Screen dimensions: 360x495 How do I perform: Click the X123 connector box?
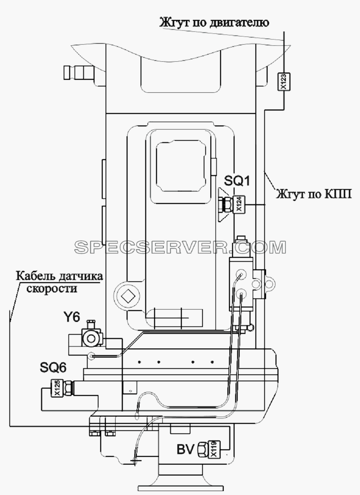(x=284, y=82)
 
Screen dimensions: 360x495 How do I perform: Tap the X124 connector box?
(x=239, y=204)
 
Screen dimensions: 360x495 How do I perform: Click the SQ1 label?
(x=237, y=182)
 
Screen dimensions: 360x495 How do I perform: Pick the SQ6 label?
(x=53, y=368)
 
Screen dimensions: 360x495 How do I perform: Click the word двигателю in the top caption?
(x=238, y=23)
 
